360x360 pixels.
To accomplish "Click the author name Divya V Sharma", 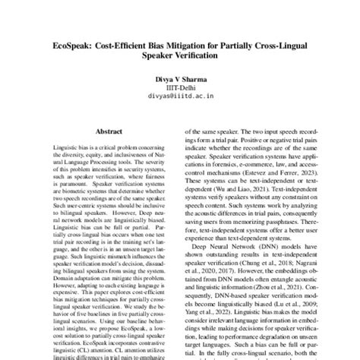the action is coord(180,80).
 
